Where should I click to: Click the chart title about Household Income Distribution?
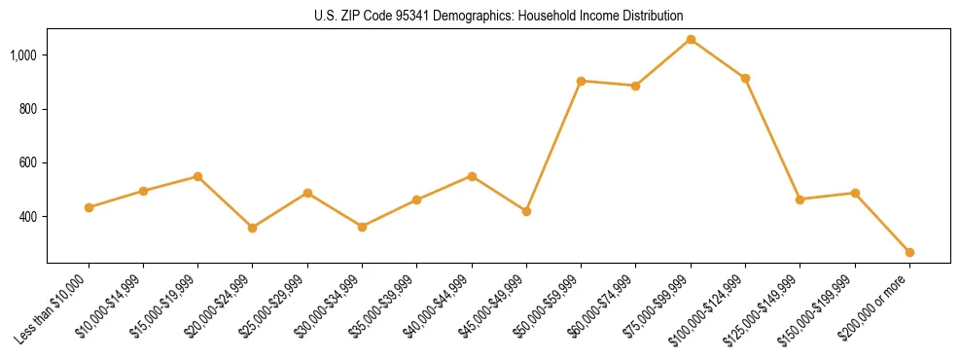499,16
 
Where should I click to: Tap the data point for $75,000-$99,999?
691,40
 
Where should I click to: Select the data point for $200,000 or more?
909,252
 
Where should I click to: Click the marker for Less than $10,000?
89,207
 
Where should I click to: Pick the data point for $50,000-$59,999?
581,81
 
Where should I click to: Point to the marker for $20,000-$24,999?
253,228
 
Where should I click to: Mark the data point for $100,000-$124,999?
745,78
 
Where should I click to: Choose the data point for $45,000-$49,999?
526,211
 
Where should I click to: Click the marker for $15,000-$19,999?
197,176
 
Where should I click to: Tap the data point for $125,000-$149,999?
800,199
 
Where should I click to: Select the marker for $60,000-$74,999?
635,86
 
